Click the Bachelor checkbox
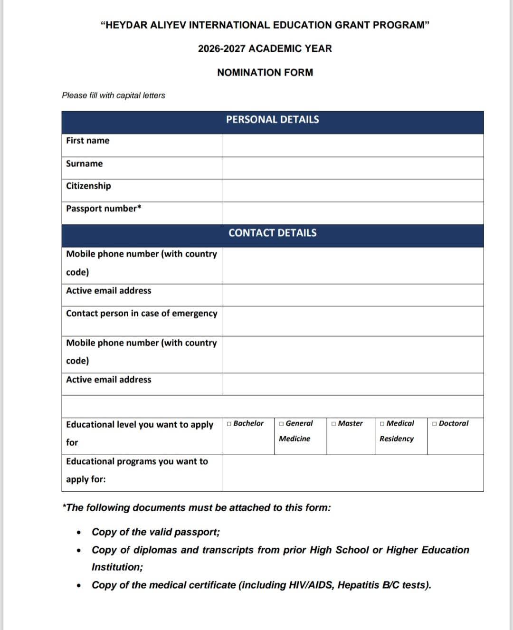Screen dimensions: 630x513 pos(229,423)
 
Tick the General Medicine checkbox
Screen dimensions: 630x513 pos(282,423)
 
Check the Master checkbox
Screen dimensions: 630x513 pos(334,423)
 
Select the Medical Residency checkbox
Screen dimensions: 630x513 pos(382,423)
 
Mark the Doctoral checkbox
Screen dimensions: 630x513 pos(435,423)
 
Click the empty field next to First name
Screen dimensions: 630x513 pos(352,145)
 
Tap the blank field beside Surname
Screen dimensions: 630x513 pos(352,168)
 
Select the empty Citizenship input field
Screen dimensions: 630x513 pos(352,191)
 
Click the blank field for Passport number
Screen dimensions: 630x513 pos(352,213)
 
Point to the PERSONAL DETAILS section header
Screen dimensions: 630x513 pos(272,120)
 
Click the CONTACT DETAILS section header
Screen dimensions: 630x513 pos(272,233)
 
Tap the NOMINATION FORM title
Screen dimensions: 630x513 pos(265,73)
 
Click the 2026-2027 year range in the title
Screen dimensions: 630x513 pos(222,48)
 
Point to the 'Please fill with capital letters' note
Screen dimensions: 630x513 pos(114,95)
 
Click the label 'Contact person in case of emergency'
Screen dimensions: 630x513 pos(142,314)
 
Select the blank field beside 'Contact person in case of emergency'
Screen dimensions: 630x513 pos(352,321)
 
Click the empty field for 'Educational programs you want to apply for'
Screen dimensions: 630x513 pos(352,473)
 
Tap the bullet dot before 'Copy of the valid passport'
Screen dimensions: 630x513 pos(79,533)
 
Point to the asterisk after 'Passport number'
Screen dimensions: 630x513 pos(139,207)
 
